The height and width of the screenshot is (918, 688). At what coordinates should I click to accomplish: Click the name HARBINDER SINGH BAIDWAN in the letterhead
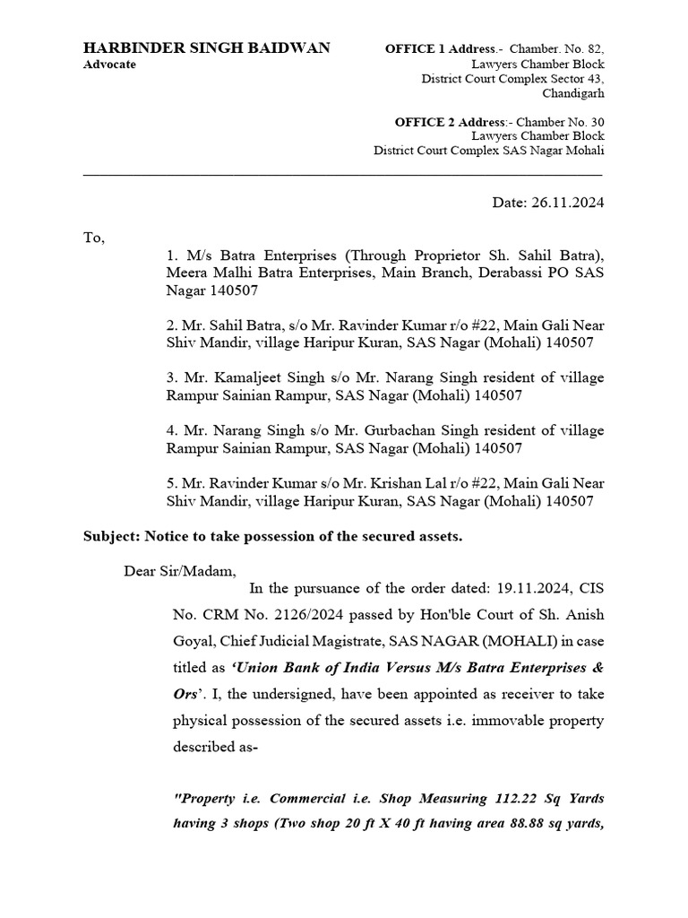206,48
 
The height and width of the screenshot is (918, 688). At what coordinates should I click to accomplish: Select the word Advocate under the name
110,65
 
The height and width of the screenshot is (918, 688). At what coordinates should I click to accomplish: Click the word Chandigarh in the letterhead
573,93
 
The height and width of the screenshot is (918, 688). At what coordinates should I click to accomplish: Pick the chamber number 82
596,48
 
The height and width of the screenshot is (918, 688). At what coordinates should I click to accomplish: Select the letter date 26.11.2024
571,203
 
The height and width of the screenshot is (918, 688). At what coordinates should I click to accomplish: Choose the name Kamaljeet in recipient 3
236,377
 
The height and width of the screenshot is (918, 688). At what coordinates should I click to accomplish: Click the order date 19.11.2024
529,589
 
